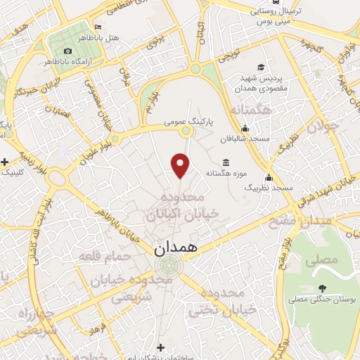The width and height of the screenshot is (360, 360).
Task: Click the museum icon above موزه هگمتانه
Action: click(x=225, y=160)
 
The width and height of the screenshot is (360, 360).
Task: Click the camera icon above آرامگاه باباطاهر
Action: click(x=67, y=51)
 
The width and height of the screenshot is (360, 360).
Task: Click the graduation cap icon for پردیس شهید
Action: click(x=261, y=67)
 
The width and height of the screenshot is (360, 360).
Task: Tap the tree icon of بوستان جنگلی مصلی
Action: click(x=322, y=287)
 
